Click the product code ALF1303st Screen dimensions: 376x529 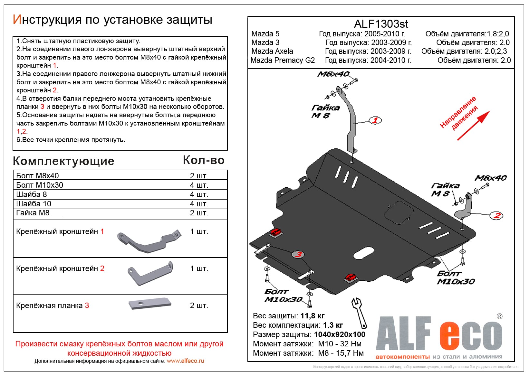381,24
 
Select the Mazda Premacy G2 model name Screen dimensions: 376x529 283,60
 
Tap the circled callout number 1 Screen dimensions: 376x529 375,120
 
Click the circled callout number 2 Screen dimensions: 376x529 496,215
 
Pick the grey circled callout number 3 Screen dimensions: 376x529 299,254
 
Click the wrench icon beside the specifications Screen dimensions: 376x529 360,312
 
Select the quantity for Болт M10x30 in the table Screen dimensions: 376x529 199,185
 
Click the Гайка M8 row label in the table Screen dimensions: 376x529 33,213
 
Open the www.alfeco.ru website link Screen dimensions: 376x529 185,361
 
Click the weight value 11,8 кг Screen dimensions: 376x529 312,315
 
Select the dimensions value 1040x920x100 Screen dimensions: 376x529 340,334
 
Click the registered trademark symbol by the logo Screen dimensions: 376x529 499,316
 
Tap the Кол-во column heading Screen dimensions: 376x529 204,160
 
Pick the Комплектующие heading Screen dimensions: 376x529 63,161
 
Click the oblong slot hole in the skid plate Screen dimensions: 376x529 364,253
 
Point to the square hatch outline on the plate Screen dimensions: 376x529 399,212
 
